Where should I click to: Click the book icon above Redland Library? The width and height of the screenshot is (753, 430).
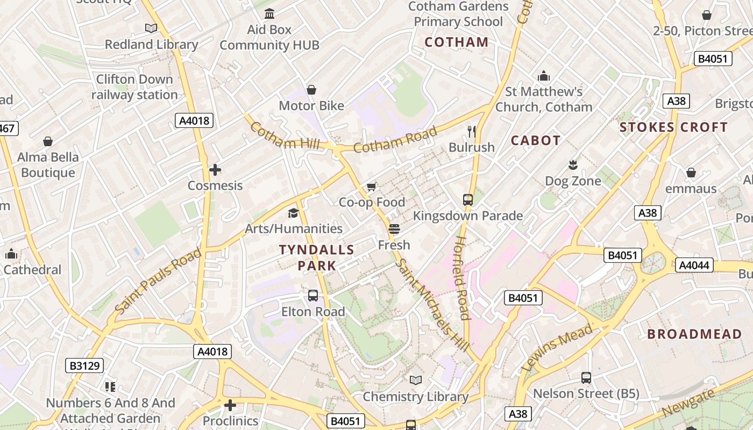coord(151,28)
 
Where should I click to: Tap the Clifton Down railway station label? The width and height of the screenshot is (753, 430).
coord(134,87)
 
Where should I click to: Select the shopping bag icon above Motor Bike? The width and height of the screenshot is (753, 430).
coord(311,90)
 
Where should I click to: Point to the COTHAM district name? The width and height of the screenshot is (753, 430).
coord(457,42)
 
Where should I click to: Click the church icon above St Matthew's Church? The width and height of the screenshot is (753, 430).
coord(544,76)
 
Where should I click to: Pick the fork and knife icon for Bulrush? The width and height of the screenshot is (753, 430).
coord(472,131)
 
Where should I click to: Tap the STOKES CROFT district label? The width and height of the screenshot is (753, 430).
coord(673,127)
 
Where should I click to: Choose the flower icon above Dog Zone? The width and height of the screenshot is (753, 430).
coord(573,164)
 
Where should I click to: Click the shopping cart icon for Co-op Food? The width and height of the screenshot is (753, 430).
coord(372,187)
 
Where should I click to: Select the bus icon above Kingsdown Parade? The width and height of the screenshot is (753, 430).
coord(468,200)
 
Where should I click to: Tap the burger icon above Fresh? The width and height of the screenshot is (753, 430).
coord(394,229)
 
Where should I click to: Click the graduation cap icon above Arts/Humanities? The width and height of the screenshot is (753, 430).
coord(293,213)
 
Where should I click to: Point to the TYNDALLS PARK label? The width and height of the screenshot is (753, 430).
coord(317,257)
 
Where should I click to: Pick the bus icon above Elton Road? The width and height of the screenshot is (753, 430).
coord(313,296)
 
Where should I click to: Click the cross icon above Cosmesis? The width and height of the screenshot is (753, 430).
coord(215,170)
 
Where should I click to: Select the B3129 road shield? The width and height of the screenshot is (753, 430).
coord(84,366)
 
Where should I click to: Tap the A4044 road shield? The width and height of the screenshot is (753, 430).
coord(694,265)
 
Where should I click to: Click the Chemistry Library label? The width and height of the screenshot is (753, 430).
coord(416,397)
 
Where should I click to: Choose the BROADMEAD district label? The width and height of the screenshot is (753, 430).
coord(694,334)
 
